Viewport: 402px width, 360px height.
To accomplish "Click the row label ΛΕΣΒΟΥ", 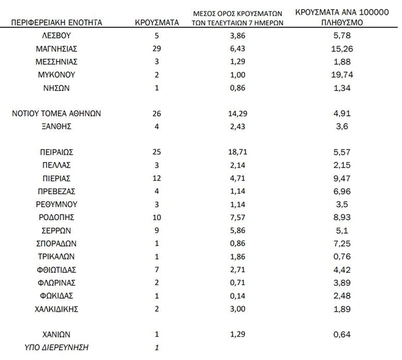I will point(52,35).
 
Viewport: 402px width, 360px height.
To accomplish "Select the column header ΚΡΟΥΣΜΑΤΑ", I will point(156,22).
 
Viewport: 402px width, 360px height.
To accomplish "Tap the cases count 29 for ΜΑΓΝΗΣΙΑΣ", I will point(156,48).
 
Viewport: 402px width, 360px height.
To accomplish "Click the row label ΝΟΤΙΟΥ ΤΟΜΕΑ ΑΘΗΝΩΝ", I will point(52,113).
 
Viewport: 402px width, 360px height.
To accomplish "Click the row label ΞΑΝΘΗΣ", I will point(52,126).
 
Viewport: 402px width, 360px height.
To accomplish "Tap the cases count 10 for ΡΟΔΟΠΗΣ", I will point(156,217).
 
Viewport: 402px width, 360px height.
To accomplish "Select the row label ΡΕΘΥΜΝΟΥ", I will point(52,204).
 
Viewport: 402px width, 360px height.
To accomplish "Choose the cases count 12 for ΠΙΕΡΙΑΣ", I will point(156,178).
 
